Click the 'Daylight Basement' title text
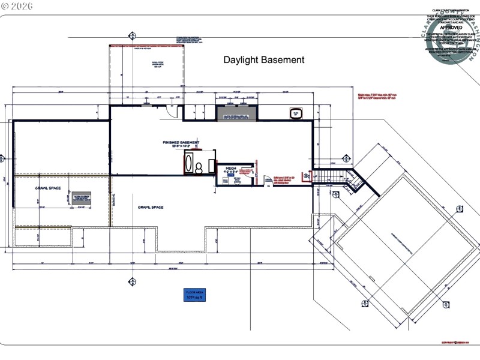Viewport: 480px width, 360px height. tap(264, 60)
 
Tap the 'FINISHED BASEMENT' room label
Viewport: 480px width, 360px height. tap(181, 143)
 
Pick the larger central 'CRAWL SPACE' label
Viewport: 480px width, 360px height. tap(151, 207)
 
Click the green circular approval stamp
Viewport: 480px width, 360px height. tap(452, 36)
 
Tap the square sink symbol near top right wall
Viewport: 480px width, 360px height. tap(296, 113)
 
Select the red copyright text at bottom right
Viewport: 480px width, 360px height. tap(454, 343)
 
